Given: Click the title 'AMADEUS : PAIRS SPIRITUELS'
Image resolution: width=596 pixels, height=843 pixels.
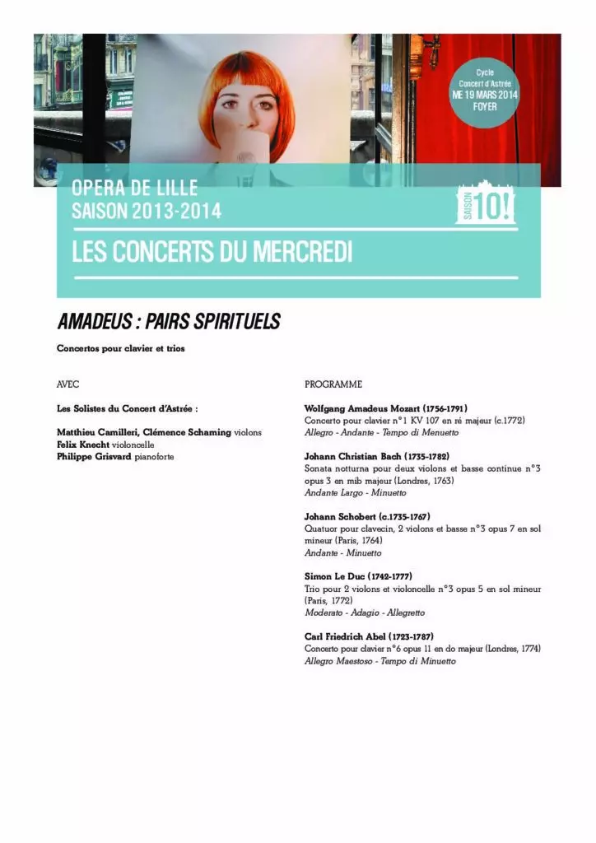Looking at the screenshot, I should click(x=168, y=322).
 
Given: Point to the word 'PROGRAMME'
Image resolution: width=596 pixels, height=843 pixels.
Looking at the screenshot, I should click(x=333, y=384).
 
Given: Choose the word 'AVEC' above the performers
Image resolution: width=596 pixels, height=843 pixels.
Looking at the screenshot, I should click(x=68, y=384).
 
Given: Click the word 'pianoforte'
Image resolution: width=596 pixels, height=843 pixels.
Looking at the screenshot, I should click(x=155, y=456).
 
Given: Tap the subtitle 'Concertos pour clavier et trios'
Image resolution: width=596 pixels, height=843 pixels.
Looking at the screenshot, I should click(x=121, y=349).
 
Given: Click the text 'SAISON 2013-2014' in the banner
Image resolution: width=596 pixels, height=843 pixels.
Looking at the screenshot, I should click(x=147, y=212).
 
